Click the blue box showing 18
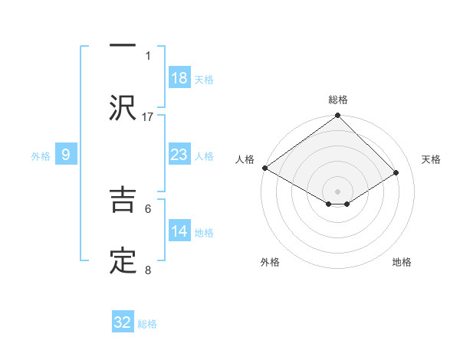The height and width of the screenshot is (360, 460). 179,78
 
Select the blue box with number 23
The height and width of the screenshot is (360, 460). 179,155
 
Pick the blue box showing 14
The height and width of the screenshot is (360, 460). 179,231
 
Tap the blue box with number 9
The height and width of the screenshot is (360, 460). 66,155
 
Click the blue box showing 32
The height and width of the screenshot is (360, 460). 123,322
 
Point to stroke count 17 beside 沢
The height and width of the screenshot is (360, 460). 148,116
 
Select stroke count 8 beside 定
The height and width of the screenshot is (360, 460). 148,270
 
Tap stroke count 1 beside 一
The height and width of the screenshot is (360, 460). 148,55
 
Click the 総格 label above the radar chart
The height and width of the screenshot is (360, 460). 337,100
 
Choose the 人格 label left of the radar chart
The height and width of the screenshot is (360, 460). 245,159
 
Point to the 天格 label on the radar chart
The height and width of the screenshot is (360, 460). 431,159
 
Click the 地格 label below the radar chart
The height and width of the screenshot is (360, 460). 402,262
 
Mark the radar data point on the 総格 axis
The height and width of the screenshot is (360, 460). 337,116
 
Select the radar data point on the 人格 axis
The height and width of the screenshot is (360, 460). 264,168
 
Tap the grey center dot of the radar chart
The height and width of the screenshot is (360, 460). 337,191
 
